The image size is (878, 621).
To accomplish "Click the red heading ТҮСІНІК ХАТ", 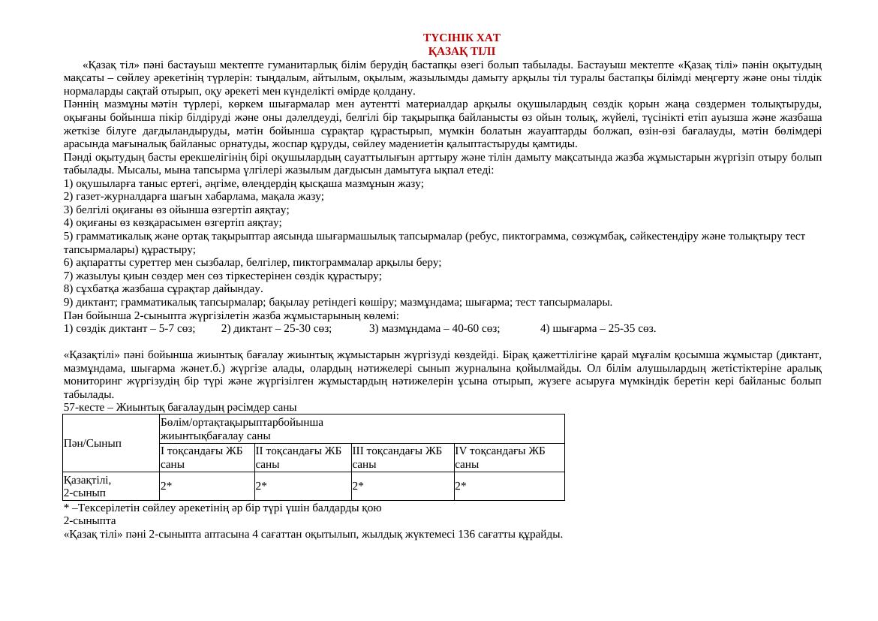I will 462,38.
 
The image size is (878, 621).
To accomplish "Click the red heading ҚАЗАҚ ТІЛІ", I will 462,51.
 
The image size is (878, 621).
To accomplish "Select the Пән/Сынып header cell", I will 92,443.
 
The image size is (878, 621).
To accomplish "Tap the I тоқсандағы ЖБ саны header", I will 202,457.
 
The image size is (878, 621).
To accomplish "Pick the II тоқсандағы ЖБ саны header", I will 299,457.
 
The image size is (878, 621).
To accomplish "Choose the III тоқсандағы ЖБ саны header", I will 397,457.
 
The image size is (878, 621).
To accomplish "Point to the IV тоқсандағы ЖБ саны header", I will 500,457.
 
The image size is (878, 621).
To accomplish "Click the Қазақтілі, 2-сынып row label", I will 88,486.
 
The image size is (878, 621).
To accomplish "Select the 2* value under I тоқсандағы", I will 167,486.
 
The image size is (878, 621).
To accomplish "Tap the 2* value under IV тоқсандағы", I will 461,486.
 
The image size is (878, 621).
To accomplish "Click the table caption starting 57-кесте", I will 180,407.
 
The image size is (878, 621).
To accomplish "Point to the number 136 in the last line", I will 466,534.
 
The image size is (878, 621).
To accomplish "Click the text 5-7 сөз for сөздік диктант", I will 177,328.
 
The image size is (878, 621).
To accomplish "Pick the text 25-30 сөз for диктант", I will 312,328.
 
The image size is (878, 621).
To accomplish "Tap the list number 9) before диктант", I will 68,302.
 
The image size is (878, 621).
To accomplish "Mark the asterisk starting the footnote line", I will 66,508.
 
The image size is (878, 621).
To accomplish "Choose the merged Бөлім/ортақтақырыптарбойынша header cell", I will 242,428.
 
